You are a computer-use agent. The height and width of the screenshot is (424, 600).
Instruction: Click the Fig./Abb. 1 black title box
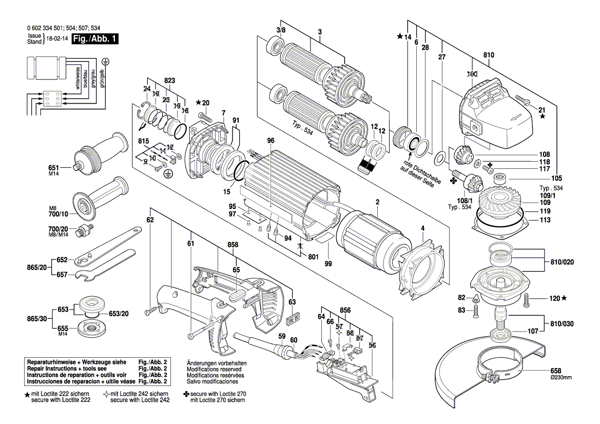(95, 39)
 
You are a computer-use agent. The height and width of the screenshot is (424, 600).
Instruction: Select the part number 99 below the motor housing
(328, 264)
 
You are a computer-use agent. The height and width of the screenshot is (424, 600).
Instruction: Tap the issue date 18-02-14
(56, 39)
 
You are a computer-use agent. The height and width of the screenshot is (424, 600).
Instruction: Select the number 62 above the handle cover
(150, 220)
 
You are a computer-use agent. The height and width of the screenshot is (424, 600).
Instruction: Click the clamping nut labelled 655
(89, 329)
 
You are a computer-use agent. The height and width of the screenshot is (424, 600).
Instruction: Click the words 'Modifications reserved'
(216, 369)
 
